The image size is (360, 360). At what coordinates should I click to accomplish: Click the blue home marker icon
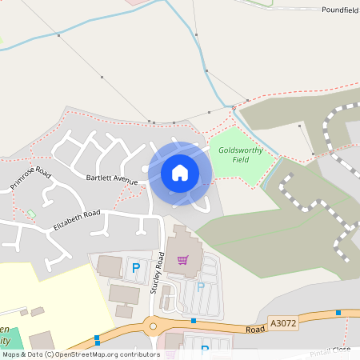[x=180, y=172]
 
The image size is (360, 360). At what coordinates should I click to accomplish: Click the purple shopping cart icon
[x=183, y=259]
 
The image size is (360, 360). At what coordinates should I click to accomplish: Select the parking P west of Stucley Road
[x=135, y=267]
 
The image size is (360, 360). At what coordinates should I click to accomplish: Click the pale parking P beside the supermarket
[x=201, y=286]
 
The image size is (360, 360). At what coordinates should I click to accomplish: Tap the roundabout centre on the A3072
[x=152, y=325]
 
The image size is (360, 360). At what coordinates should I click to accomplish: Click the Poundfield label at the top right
[x=340, y=10]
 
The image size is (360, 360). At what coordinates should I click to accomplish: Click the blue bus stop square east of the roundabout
[x=194, y=321]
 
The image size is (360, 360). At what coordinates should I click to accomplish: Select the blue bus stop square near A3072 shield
[x=338, y=312]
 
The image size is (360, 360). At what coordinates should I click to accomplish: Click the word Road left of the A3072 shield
[x=255, y=328]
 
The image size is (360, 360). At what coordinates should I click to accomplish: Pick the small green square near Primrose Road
[x=31, y=214]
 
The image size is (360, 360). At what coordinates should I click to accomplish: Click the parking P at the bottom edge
[x=204, y=350]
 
